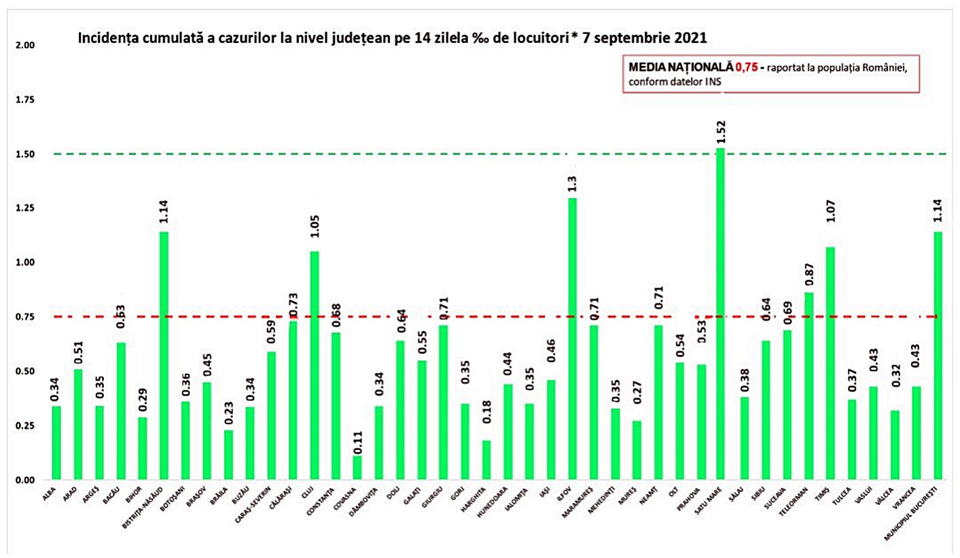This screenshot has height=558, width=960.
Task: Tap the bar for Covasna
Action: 357,468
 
